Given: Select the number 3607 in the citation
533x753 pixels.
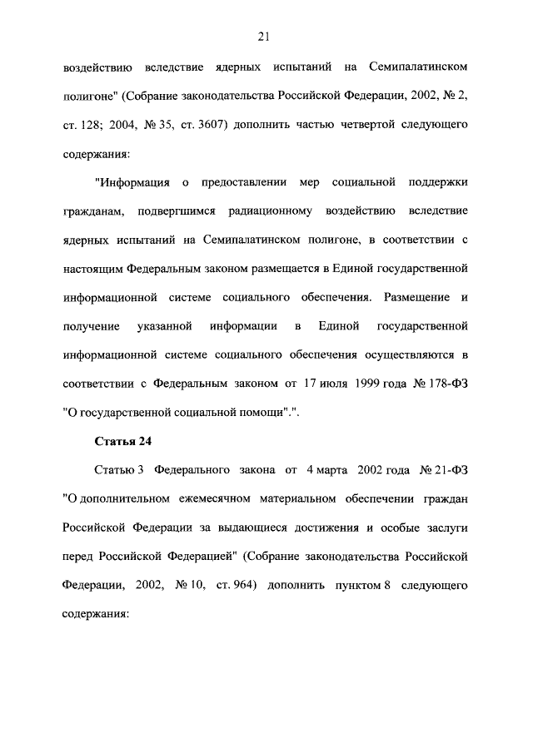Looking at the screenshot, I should point(205,125).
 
